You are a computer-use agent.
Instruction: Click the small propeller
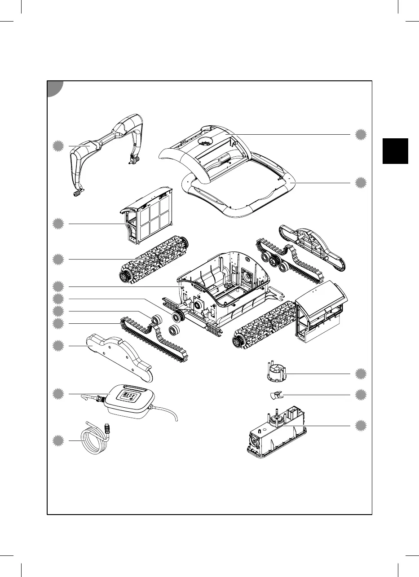tap(276, 395)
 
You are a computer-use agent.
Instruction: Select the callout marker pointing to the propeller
tap(360, 395)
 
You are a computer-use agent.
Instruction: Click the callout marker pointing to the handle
tap(57, 145)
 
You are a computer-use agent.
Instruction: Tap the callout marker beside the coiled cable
tap(57, 440)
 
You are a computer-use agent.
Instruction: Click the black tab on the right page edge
tap(397, 151)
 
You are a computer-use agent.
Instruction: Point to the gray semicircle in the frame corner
tap(55, 88)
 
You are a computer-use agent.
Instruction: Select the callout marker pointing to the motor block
tap(360, 426)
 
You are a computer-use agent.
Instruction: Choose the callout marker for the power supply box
tap(57, 394)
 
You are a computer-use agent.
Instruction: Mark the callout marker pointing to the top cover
tap(360, 134)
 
